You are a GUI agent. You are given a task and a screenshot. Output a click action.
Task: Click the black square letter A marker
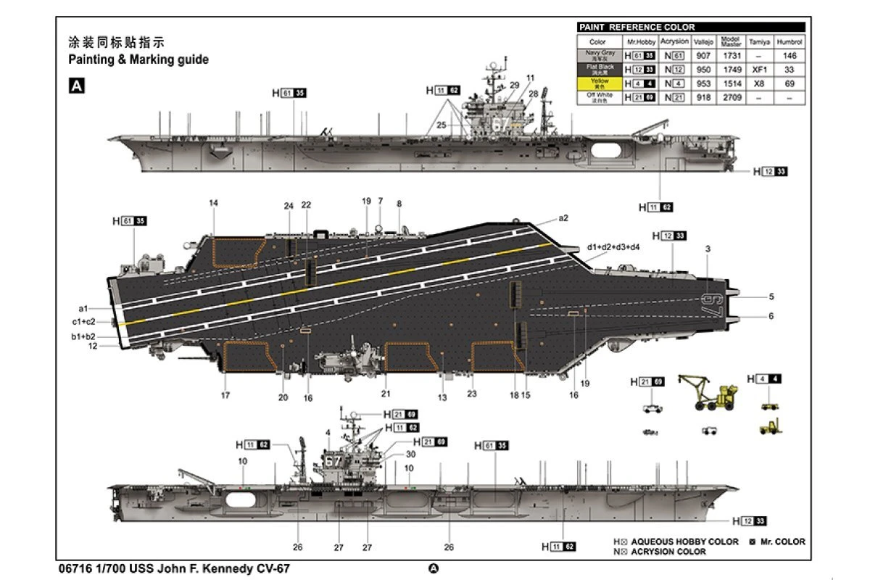76,86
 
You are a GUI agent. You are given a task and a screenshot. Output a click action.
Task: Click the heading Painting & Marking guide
138,59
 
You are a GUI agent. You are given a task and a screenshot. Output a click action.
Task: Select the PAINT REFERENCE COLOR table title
637,28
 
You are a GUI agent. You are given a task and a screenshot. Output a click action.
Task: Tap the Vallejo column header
703,42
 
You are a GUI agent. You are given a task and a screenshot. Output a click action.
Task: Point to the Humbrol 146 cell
790,56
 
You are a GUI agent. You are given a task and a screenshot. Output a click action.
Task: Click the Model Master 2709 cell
731,97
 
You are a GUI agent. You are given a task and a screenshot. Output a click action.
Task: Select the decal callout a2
563,217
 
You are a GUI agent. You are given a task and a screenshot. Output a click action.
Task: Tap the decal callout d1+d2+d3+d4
613,247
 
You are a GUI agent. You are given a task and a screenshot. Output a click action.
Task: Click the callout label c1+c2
83,322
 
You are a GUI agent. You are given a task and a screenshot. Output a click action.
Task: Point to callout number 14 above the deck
213,204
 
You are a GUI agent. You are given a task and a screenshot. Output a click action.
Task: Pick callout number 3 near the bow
708,249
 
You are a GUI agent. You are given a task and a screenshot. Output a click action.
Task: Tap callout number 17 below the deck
225,396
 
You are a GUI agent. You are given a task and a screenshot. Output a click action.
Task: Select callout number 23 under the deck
472,394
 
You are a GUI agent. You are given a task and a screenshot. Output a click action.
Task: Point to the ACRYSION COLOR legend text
668,552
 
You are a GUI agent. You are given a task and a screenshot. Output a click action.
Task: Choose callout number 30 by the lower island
411,454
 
